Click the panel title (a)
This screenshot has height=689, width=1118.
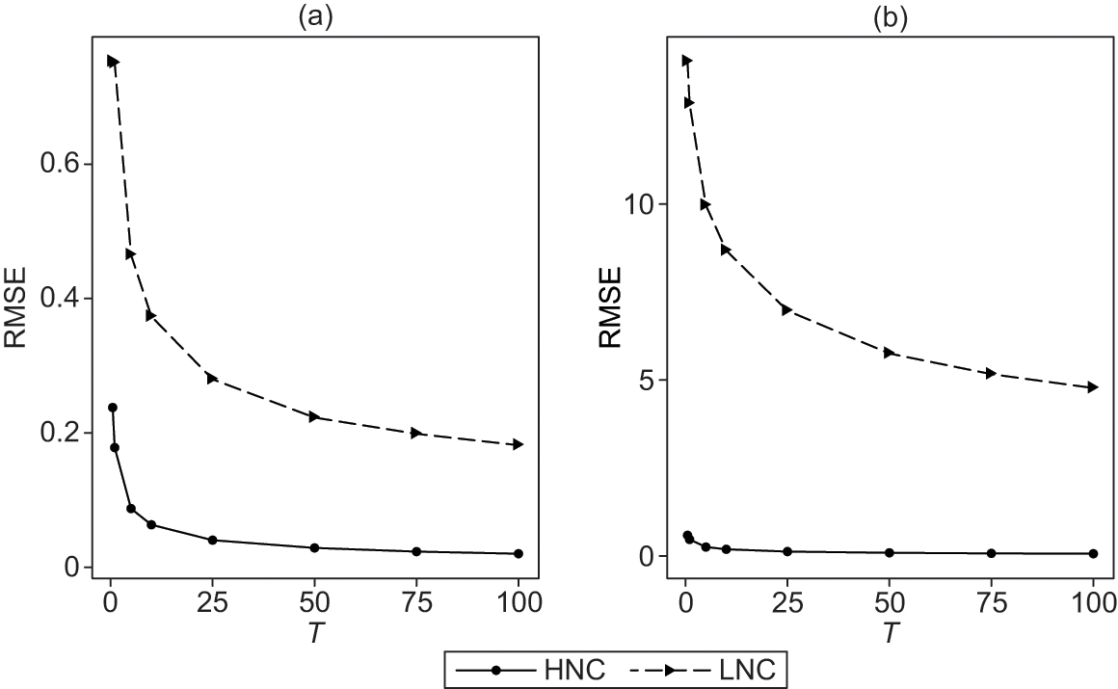point(315,18)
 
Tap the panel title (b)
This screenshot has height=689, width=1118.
point(889,18)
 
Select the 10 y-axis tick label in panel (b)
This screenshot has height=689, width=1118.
point(641,204)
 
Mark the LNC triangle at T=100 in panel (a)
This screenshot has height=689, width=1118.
point(519,444)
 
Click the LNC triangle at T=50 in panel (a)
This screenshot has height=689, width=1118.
point(314,416)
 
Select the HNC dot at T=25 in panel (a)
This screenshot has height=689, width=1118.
point(212,540)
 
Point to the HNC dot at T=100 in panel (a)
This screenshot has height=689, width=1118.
point(519,553)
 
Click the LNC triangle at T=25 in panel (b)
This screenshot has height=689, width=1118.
point(787,309)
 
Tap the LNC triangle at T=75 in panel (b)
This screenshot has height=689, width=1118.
point(991,373)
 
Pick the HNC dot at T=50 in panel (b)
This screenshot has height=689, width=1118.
point(889,552)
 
